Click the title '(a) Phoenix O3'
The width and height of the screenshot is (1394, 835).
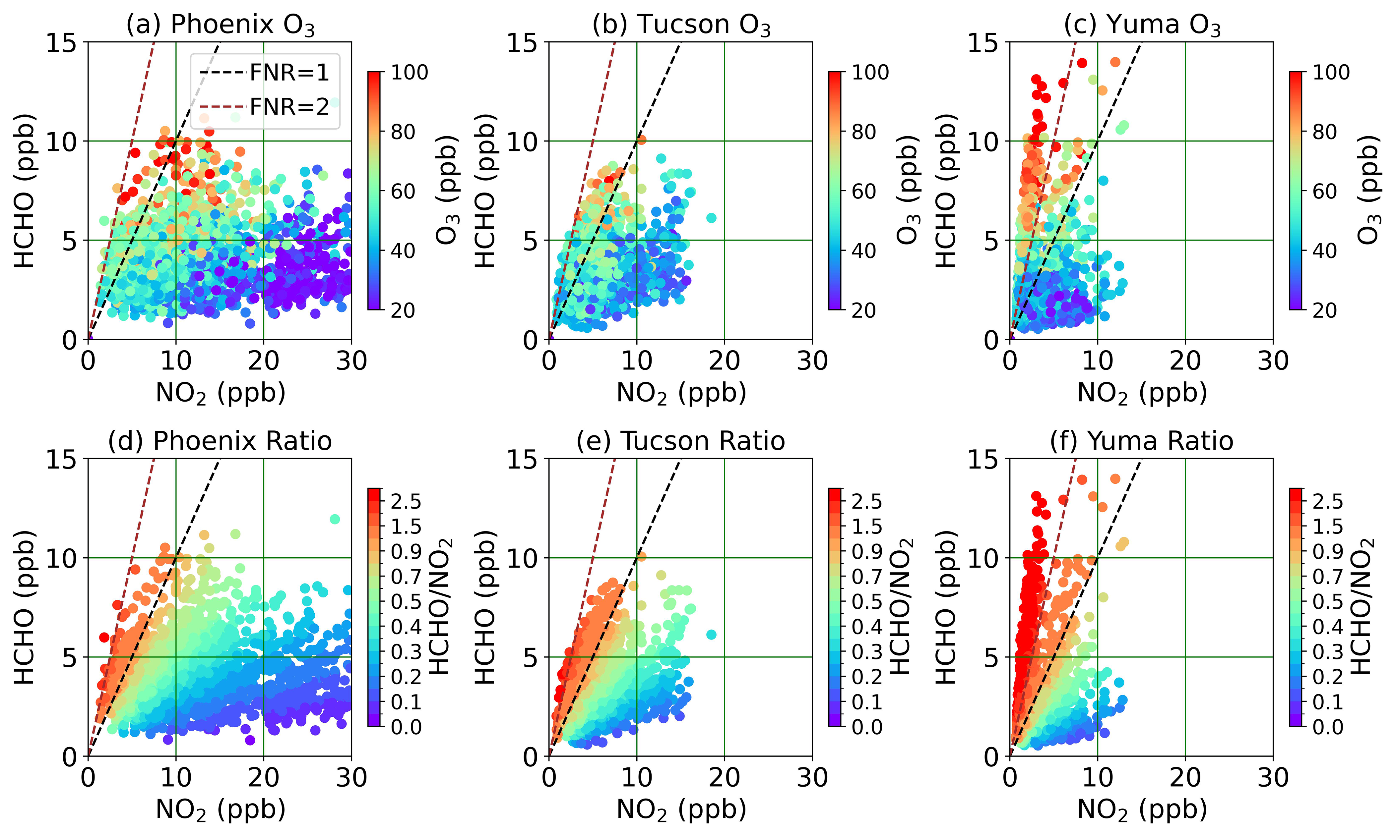(220, 25)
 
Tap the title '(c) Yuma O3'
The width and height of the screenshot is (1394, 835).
(1142, 25)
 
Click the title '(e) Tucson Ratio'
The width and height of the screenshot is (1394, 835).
(680, 441)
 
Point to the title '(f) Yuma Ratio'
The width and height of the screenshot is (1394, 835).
(1141, 441)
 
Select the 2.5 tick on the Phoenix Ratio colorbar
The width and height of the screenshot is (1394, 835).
(406, 501)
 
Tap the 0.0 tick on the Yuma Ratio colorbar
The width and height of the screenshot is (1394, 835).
(1328, 727)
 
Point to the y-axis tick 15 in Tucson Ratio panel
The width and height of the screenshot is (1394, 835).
(523, 460)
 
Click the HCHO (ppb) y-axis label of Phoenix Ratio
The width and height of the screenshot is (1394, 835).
(25, 607)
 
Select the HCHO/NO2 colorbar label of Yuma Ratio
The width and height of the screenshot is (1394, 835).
(1362, 607)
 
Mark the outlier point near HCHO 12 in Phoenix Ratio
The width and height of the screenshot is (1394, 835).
(335, 519)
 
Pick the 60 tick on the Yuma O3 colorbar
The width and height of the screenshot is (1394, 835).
(1331, 191)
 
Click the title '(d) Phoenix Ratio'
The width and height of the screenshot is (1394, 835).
(220, 441)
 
